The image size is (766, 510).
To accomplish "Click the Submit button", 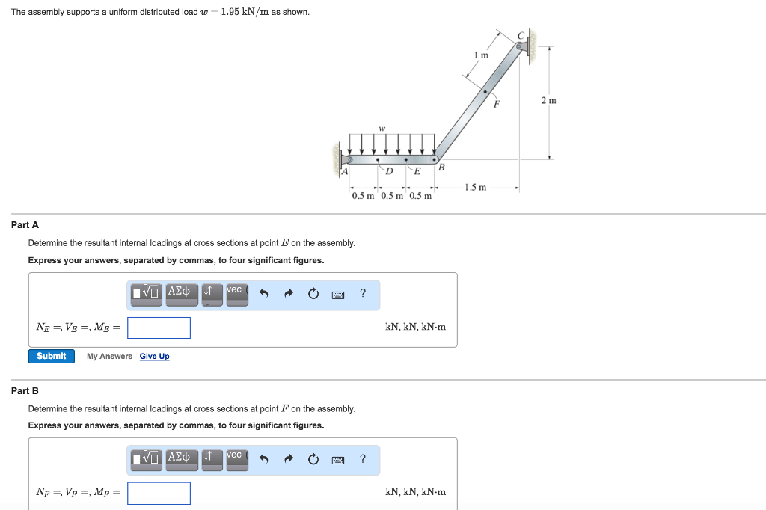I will (52, 356).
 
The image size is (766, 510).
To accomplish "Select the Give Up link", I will (154, 357).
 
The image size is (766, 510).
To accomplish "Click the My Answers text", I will (109, 357).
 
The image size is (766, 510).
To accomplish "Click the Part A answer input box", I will (159, 328).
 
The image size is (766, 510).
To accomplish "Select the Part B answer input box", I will (159, 493).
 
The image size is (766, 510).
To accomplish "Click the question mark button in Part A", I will (363, 292).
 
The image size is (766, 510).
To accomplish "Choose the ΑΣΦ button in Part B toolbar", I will (180, 458).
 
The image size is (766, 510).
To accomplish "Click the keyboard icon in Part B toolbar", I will (337, 458).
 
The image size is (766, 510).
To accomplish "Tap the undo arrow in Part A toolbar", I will (263, 293).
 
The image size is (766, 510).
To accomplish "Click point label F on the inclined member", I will (494, 105).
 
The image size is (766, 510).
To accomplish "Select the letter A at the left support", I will (344, 172).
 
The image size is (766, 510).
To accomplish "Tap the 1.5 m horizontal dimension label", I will (476, 187).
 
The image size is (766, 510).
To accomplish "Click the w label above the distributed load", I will (382, 128).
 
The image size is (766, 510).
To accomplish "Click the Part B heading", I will (25, 390).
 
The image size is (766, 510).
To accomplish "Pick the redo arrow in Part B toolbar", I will (288, 458).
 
